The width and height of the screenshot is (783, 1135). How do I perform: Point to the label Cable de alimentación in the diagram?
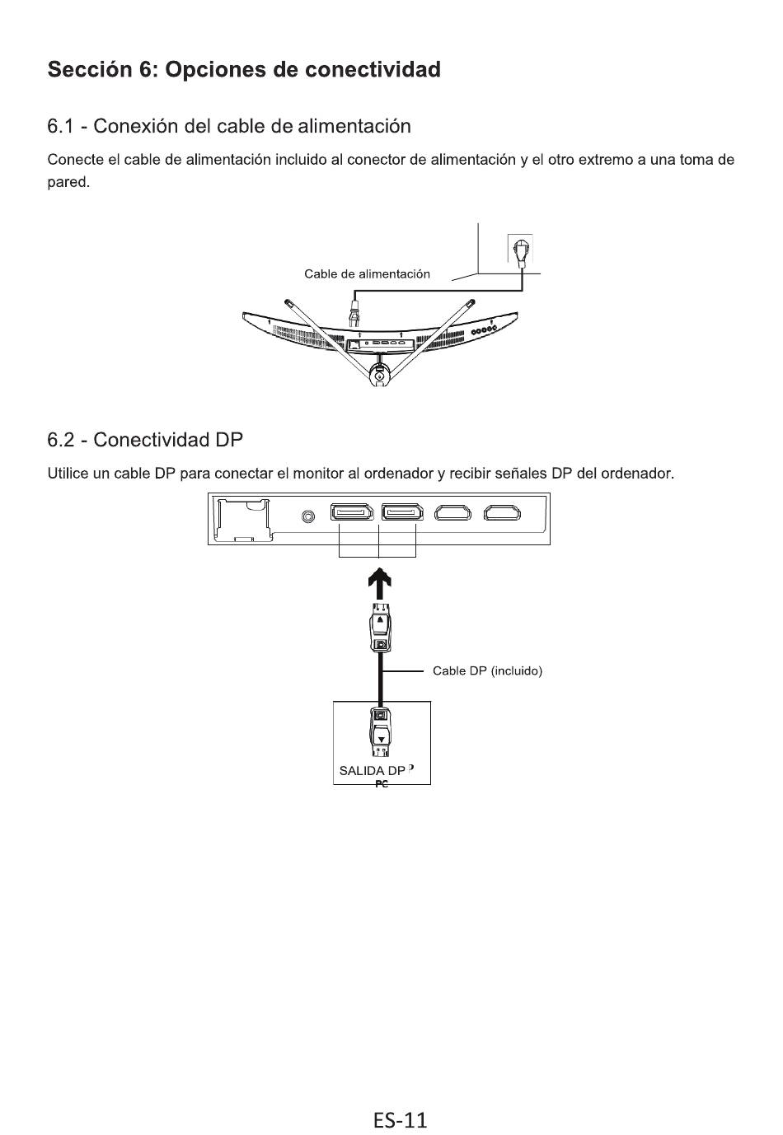tap(367, 274)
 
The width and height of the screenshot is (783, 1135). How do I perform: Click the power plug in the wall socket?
tap(521, 252)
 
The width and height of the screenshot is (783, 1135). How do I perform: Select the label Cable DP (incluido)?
tap(487, 670)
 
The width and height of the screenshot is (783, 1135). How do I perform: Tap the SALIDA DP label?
tap(372, 771)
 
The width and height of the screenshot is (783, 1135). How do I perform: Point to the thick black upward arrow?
tap(379, 584)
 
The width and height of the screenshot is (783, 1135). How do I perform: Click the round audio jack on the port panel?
tap(307, 516)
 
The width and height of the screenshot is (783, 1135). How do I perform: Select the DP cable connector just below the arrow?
tap(380, 628)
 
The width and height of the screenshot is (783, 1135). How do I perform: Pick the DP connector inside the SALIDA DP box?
tap(380, 731)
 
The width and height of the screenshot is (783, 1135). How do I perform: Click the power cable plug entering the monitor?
tap(354, 313)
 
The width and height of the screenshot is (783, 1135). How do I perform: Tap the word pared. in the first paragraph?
tap(68, 182)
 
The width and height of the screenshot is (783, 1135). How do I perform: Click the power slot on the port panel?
tap(242, 520)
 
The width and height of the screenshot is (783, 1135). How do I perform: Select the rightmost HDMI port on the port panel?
tap(502, 513)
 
